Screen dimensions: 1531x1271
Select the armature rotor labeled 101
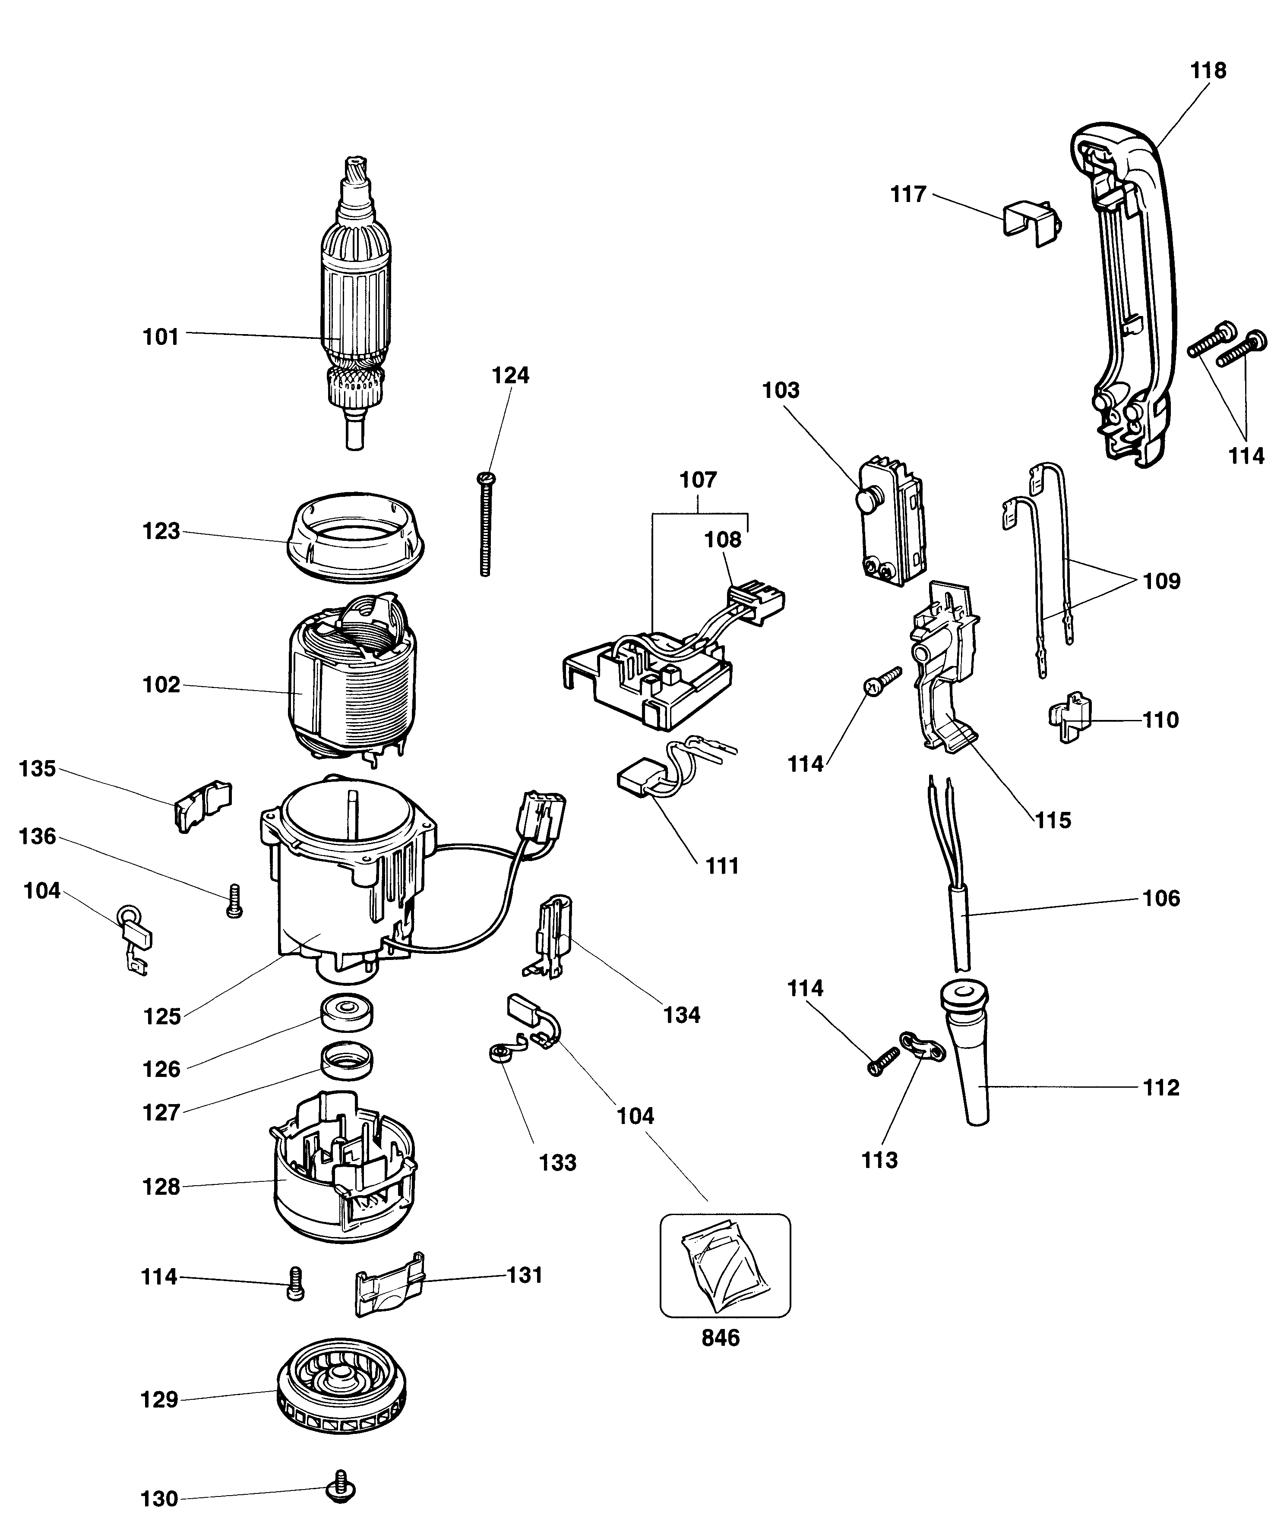357,306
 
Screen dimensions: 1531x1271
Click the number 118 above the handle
1208,71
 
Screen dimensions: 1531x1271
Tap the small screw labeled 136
234,901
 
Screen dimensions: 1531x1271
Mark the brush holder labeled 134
551,935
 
